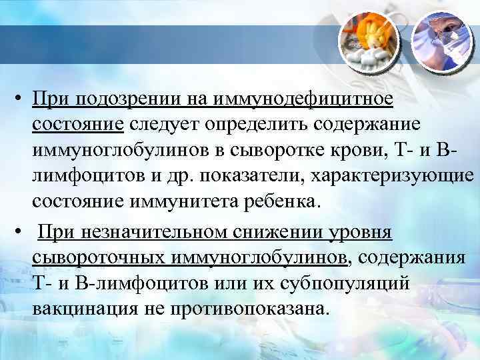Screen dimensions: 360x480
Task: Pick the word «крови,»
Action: (382, 151)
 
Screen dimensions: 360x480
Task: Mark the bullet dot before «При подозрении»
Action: (22, 100)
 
